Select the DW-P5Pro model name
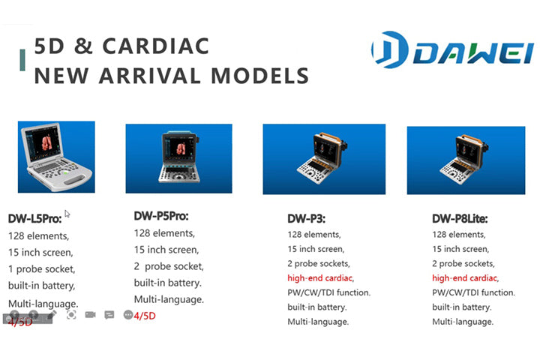[161, 216]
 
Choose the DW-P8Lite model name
[460, 219]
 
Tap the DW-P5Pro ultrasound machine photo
[178, 158]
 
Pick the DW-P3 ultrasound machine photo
[324, 159]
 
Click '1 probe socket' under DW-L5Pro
[42, 268]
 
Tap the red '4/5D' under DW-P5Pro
[145, 316]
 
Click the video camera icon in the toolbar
[90, 315]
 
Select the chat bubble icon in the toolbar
[109, 315]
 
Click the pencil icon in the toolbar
[52, 315]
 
